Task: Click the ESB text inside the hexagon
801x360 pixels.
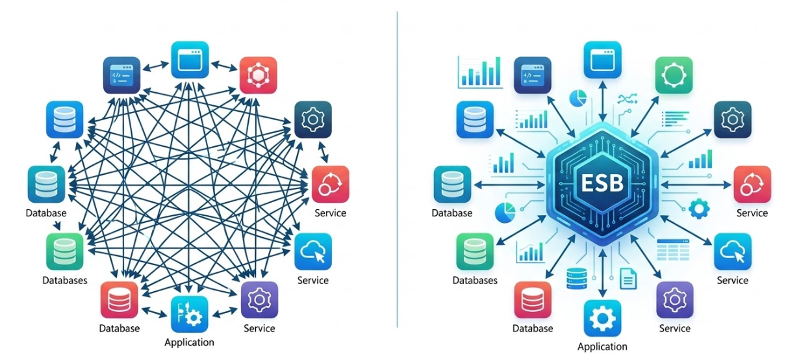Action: click(602, 183)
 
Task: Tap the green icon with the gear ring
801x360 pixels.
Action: click(674, 75)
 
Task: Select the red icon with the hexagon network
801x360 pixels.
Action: click(258, 75)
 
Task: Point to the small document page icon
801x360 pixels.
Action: click(628, 278)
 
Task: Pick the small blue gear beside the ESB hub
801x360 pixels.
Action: click(698, 209)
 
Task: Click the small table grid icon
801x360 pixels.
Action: click(673, 250)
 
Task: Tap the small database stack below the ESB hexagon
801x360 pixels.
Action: click(577, 278)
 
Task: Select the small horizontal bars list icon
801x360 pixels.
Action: click(675, 119)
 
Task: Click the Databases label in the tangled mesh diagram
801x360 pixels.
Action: click(65, 280)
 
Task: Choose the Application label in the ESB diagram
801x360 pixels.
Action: click(602, 346)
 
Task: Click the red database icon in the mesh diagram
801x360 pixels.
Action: click(119, 300)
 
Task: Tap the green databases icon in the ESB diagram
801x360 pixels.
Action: click(475, 251)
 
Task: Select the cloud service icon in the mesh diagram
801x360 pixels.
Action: click(313, 251)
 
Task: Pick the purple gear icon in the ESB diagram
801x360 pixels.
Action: click(675, 300)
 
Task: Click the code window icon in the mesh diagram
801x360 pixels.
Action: click(121, 75)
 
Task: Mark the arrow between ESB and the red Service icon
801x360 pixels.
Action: click(696, 185)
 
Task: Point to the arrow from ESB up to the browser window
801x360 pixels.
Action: click(602, 101)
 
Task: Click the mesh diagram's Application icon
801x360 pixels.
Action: click(190, 315)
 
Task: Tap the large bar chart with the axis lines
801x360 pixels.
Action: click(480, 72)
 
